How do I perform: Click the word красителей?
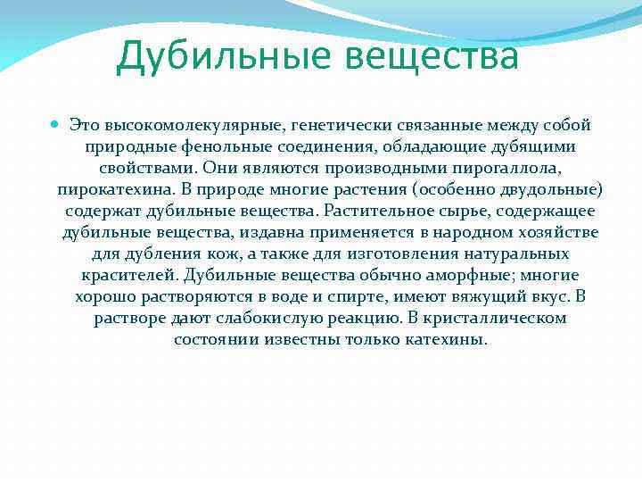pyautogui.click(x=130, y=276)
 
